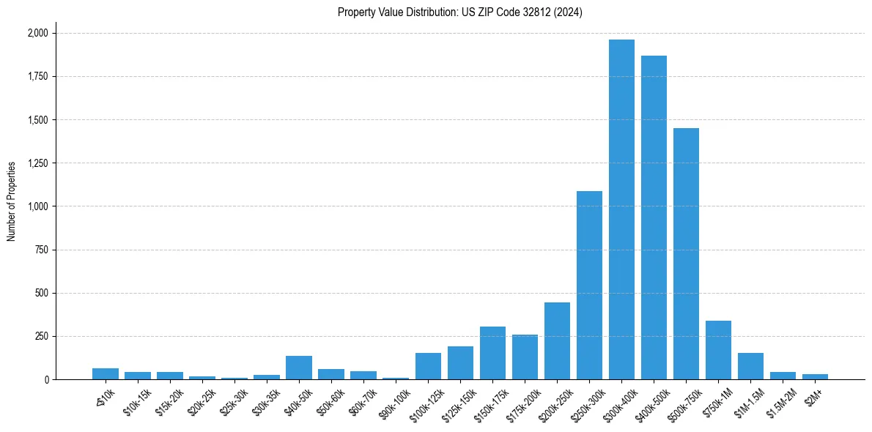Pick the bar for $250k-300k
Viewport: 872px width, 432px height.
click(x=589, y=286)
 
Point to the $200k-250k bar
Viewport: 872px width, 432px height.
click(x=557, y=341)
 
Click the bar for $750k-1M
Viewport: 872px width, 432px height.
click(x=718, y=350)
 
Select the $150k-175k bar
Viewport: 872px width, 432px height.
click(x=492, y=353)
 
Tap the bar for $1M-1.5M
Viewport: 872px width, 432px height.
click(x=750, y=366)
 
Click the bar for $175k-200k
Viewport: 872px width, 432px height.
click(x=525, y=357)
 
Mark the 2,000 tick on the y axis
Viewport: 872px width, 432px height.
click(x=38, y=33)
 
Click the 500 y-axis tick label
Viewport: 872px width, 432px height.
click(x=43, y=293)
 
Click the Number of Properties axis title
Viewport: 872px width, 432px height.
click(x=11, y=201)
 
